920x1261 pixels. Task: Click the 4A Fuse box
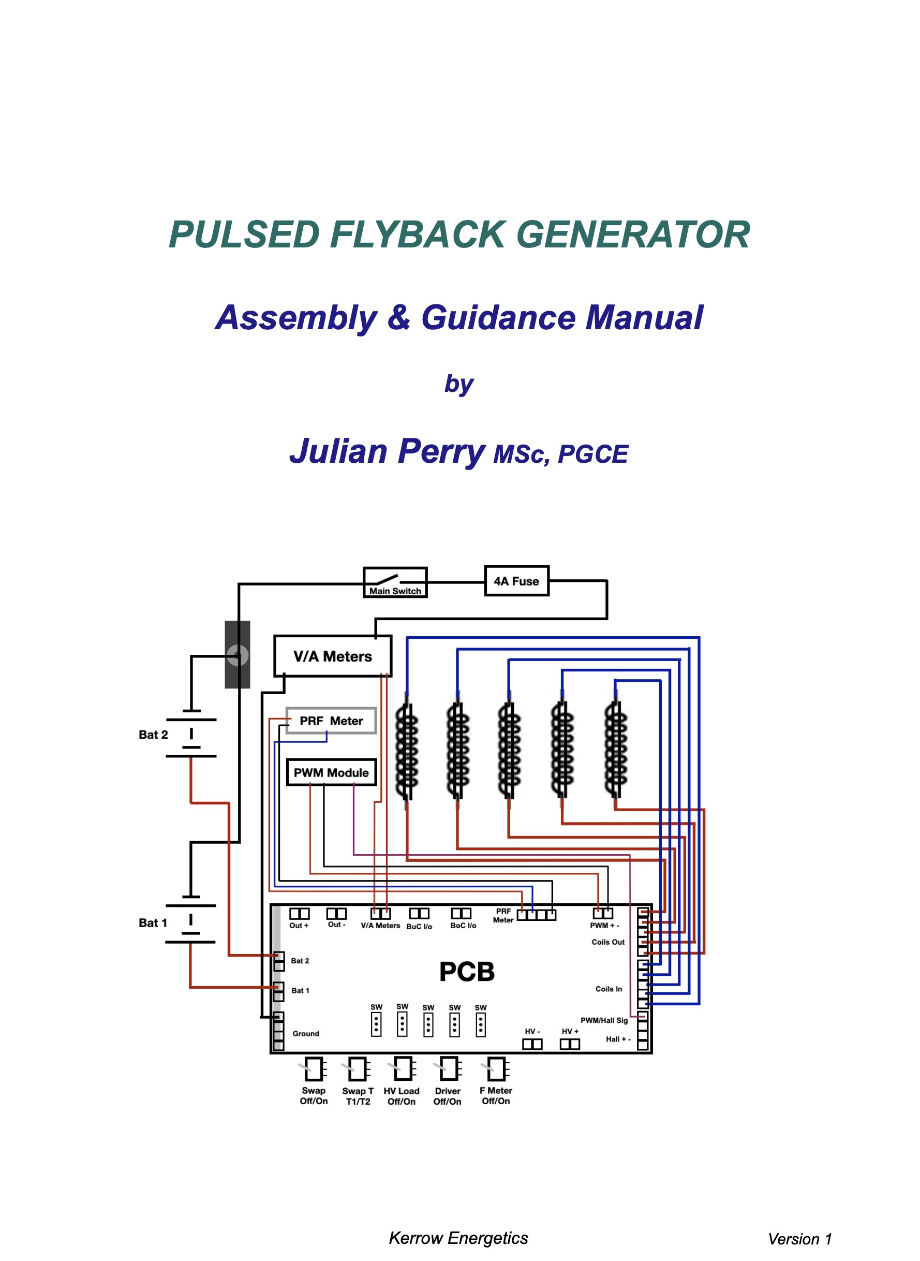(517, 581)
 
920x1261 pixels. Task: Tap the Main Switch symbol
(395, 582)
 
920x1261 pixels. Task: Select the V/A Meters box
(333, 656)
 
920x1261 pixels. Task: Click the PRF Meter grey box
(331, 721)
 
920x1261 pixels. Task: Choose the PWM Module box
(331, 772)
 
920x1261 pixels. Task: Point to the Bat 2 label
(153, 735)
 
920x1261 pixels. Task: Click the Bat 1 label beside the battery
(153, 923)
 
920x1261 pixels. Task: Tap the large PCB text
(467, 972)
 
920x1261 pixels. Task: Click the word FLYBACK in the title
(418, 234)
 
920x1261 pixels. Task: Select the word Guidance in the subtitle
(497, 317)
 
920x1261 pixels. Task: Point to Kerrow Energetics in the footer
(458, 1238)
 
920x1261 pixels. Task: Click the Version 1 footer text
(800, 1239)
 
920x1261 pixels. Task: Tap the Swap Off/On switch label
(314, 1095)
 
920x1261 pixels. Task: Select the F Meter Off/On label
(496, 1095)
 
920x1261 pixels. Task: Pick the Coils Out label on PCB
(608, 942)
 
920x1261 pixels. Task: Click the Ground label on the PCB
(306, 1033)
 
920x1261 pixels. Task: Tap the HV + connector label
(570, 1032)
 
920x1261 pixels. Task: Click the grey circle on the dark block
(237, 655)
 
